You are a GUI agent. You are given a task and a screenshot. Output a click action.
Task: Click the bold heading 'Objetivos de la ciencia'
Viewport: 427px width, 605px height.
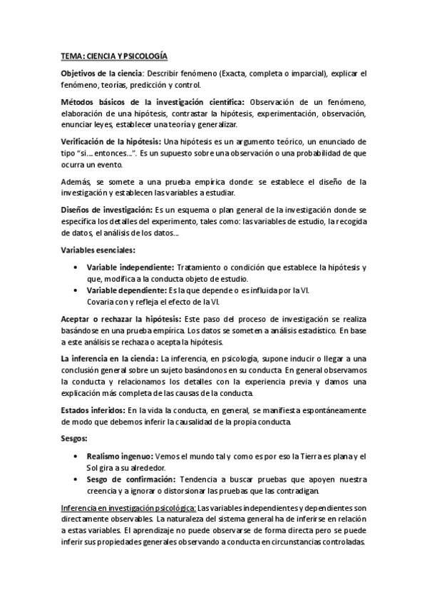click(x=102, y=73)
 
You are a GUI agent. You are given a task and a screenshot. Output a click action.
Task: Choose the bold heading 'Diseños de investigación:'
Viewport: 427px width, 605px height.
click(x=106, y=211)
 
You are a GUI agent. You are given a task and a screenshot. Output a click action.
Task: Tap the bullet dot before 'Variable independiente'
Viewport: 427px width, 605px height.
click(x=76, y=268)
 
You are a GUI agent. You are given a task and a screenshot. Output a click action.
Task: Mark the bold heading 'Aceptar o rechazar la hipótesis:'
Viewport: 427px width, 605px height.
click(x=120, y=319)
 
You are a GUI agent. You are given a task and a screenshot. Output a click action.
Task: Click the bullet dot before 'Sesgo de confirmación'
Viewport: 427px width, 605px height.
click(x=76, y=479)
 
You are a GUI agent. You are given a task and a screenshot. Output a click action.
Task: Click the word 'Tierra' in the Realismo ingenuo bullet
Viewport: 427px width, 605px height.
click(x=309, y=457)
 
